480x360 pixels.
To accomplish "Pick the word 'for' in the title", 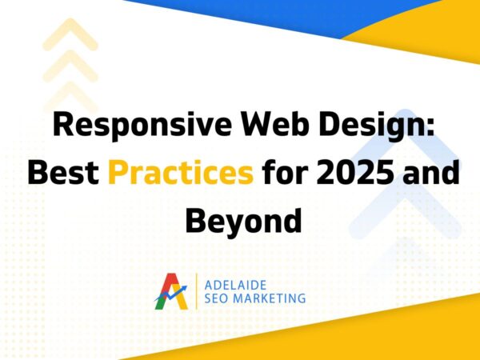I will tap(290, 174).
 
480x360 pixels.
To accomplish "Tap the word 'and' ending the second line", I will tap(435, 174).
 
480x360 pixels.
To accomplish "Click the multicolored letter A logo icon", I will tap(171, 291).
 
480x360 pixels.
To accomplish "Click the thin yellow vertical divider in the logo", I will tap(195, 291).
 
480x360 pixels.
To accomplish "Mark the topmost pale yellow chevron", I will tap(70, 36).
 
